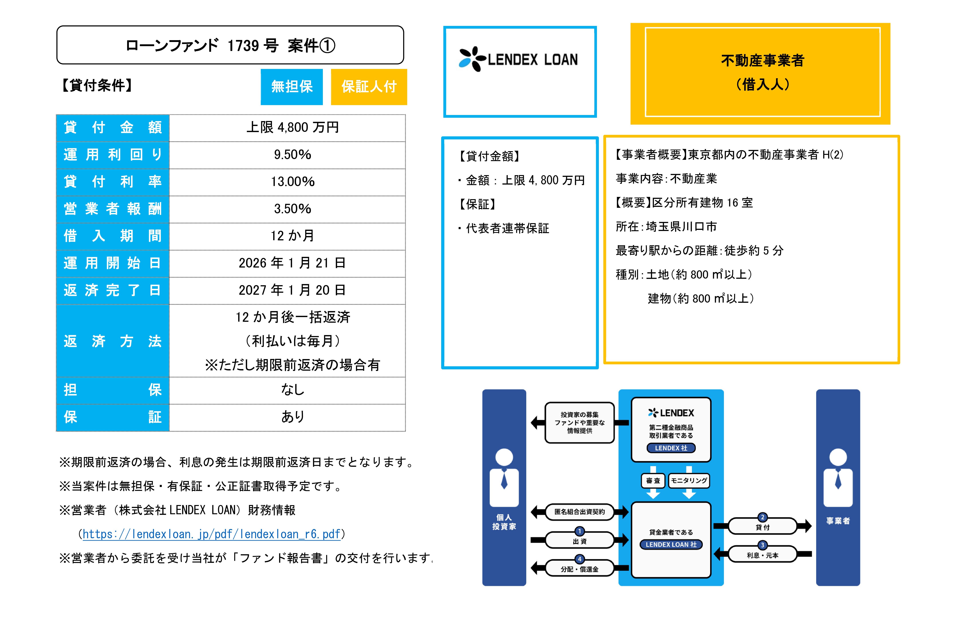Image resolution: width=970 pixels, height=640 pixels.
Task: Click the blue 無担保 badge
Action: (x=292, y=87)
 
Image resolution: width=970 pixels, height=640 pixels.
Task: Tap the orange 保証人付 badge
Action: (x=369, y=87)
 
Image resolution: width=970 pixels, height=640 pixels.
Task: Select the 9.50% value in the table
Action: (x=292, y=155)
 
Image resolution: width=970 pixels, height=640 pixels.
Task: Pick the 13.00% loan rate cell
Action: (x=292, y=182)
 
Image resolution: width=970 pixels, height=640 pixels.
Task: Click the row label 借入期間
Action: (x=113, y=236)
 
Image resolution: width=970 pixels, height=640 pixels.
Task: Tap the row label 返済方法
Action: (x=113, y=341)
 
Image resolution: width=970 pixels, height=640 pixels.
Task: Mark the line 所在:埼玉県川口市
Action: (x=666, y=227)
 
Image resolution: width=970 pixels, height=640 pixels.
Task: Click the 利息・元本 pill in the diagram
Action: (x=762, y=555)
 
